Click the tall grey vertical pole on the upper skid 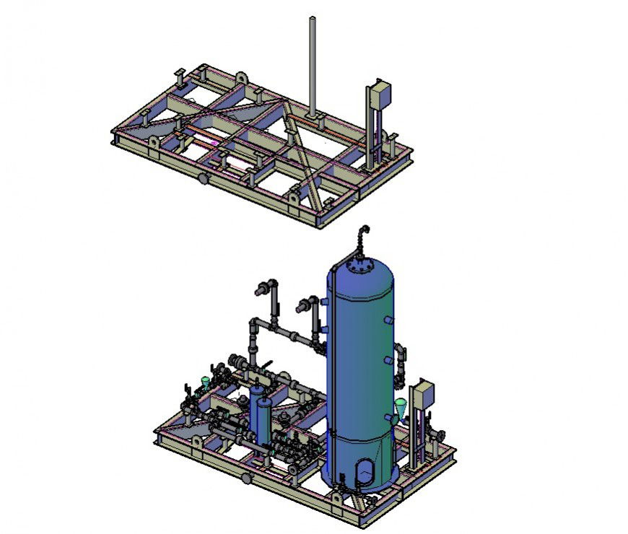(313, 65)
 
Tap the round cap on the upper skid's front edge (204, 178)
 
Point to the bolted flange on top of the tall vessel (359, 267)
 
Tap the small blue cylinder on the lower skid (263, 419)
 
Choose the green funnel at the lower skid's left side (206, 382)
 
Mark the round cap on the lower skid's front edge (246, 478)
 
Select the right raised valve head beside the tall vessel (305, 306)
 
